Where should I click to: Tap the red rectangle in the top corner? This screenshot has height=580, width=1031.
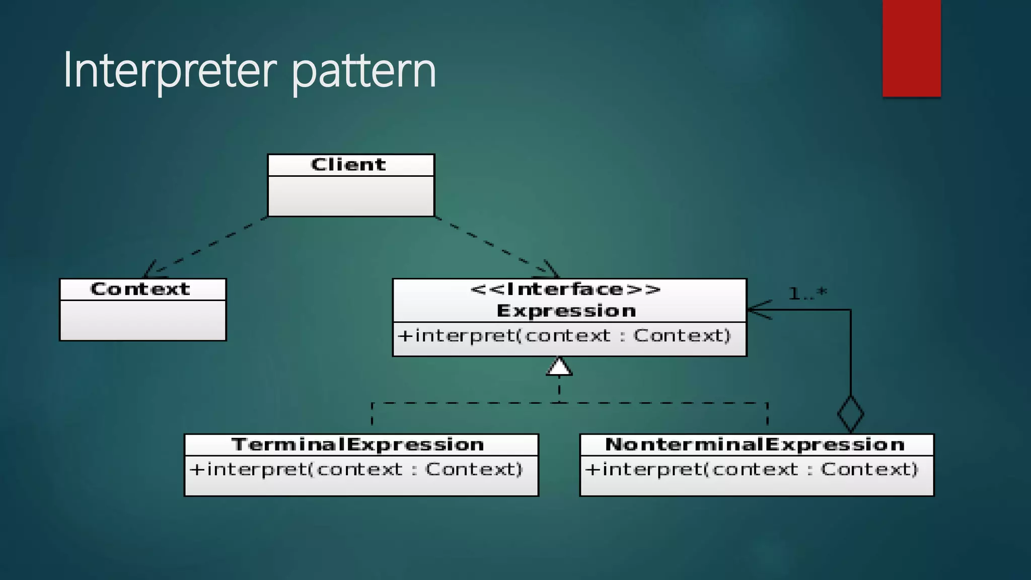pyautogui.click(x=911, y=48)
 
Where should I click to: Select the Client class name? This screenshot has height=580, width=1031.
pyautogui.click(x=348, y=165)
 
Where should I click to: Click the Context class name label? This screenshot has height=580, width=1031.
pyautogui.click(x=140, y=289)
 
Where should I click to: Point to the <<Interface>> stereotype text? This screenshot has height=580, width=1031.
pyautogui.click(x=565, y=289)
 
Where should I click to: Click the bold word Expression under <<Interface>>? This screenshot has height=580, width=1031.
pyautogui.click(x=566, y=311)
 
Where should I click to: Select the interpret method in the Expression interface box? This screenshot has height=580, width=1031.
pyautogui.click(x=564, y=336)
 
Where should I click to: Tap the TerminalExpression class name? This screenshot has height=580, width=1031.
pyautogui.click(x=358, y=445)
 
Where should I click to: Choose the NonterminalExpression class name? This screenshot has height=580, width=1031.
pyautogui.click(x=755, y=445)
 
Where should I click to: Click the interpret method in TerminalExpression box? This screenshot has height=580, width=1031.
pyautogui.click(x=356, y=470)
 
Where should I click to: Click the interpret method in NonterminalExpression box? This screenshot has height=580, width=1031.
pyautogui.click(x=752, y=470)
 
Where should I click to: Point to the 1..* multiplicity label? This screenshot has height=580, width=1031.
pyautogui.click(x=807, y=294)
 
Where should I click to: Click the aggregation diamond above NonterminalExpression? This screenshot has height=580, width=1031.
pyautogui.click(x=851, y=414)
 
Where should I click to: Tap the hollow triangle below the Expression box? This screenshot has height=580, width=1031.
pyautogui.click(x=559, y=367)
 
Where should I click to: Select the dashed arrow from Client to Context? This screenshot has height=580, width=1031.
pyautogui.click(x=206, y=247)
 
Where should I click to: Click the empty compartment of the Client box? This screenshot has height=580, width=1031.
pyautogui.click(x=351, y=196)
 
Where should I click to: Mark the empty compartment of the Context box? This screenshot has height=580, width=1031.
pyautogui.click(x=143, y=320)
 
